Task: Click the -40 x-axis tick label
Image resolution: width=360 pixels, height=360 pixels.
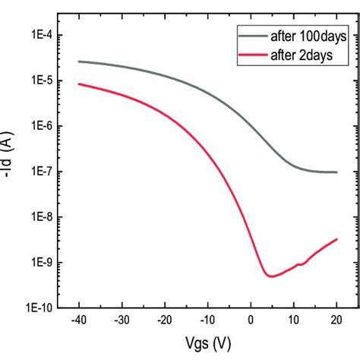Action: (78, 323)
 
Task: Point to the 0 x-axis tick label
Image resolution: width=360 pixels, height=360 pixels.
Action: (251, 323)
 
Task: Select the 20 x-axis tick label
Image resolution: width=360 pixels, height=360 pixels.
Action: (336, 323)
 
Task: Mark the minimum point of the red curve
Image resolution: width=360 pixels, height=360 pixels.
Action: (271, 276)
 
